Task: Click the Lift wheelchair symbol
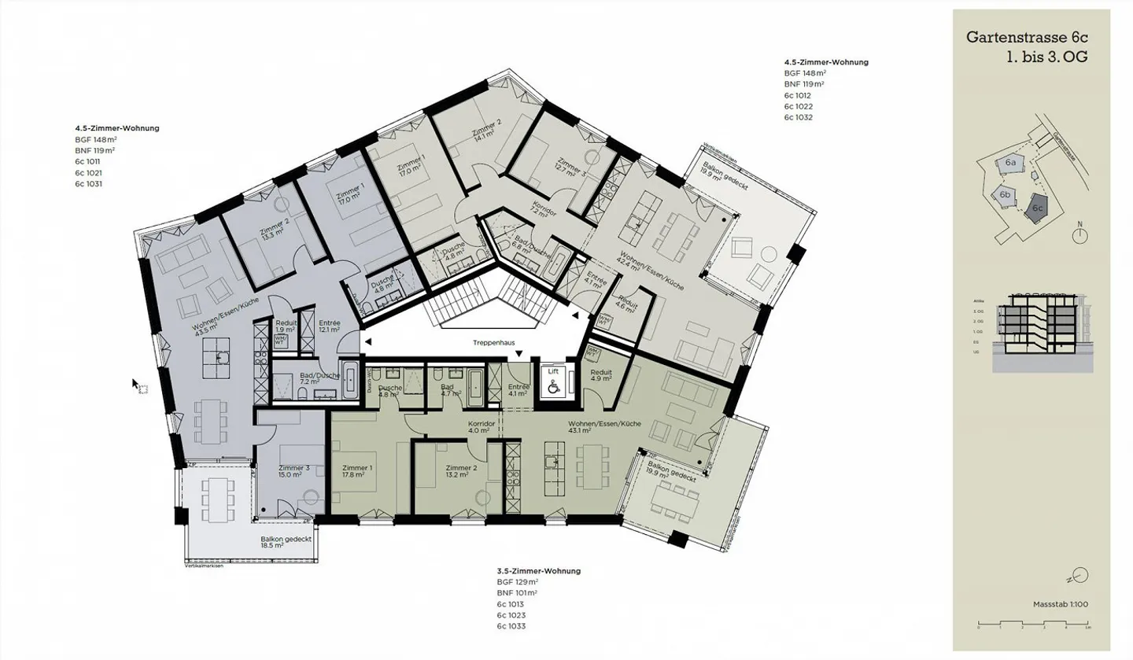[x=554, y=385]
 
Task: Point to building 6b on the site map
[x=1005, y=194]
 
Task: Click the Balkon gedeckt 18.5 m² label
[x=286, y=542]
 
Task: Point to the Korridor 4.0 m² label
[x=480, y=426]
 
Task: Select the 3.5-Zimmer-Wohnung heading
[x=538, y=571]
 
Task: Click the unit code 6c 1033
[x=511, y=626]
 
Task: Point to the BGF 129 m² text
[x=517, y=582]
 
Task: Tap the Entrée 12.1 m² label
[x=329, y=326]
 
